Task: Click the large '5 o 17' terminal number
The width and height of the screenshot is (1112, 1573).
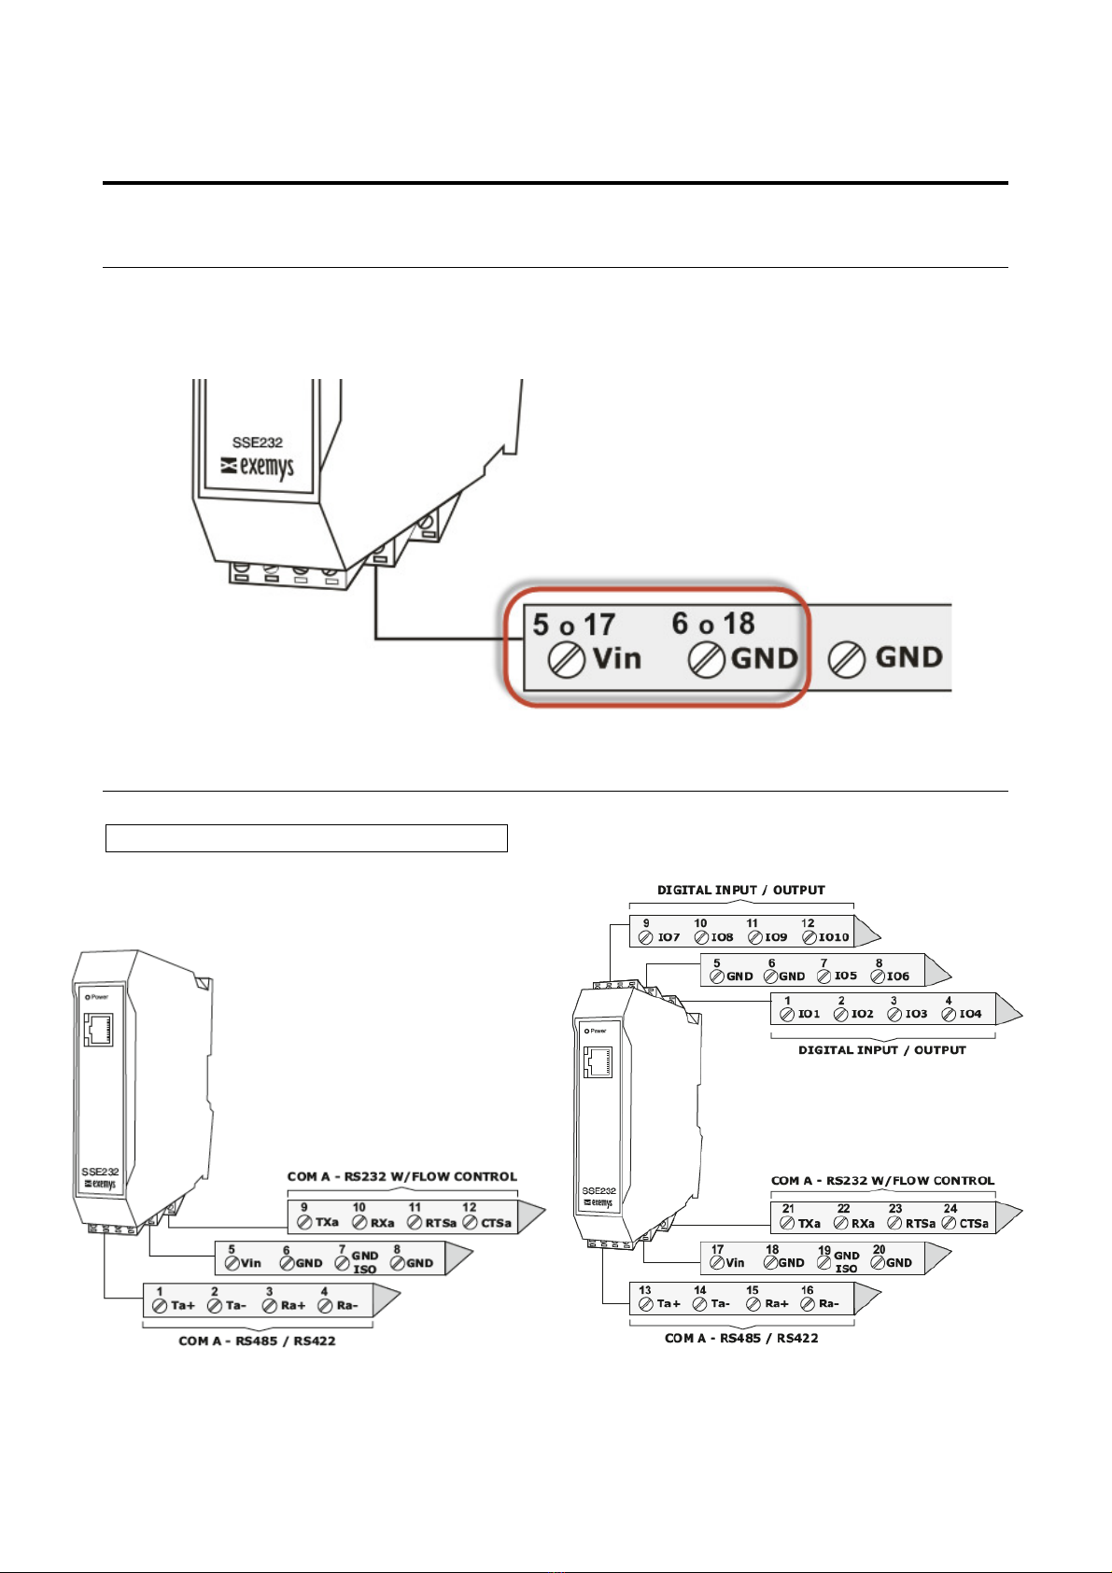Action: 574,624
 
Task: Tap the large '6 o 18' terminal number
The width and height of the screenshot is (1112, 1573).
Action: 713,623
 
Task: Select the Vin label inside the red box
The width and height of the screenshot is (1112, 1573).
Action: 617,658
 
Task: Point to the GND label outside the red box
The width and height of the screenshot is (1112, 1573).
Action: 909,657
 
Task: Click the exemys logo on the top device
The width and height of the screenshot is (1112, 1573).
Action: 258,467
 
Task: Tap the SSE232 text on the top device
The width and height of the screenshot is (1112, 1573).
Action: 258,442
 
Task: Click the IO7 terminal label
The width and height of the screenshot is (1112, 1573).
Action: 669,936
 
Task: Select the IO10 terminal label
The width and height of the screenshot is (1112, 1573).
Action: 834,936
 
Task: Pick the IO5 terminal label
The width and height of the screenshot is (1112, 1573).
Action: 846,976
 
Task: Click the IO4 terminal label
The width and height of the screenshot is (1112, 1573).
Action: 970,1013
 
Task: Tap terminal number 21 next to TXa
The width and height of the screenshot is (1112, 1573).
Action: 788,1209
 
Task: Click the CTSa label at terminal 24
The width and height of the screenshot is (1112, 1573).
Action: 974,1223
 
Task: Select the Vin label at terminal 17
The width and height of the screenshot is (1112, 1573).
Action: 735,1262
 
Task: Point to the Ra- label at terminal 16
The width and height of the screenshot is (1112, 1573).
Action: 829,1303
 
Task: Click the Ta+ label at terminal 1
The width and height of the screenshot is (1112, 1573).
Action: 183,1305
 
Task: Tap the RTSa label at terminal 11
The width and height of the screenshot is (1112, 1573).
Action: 441,1223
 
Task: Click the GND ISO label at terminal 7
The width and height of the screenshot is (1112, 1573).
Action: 364,1262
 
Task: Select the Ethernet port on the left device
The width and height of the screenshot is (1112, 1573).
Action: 98,1030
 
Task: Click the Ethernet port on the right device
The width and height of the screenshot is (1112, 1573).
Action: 598,1063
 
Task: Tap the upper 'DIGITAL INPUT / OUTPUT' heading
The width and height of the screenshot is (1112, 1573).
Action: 741,890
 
